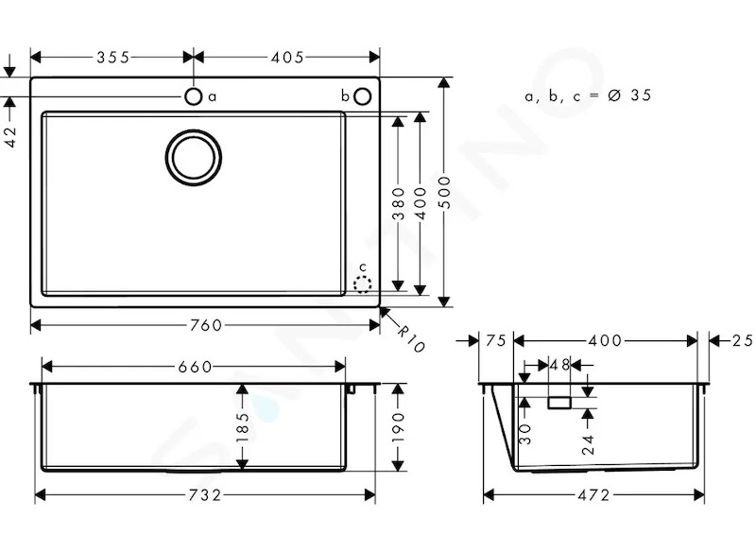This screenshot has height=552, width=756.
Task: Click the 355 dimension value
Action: tap(113, 58)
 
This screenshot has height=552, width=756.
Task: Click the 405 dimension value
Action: tap(287, 58)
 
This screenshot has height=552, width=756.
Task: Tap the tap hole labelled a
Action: tap(194, 96)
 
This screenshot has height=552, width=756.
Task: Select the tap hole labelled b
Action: tap(363, 96)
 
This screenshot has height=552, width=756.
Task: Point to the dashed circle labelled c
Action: tap(363, 284)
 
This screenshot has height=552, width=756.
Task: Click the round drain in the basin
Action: tap(194, 157)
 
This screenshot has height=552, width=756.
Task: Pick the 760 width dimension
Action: tap(206, 325)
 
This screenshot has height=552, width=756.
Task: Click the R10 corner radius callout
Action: tap(411, 338)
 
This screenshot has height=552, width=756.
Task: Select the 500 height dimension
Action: tap(445, 193)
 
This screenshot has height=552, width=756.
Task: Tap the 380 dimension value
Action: tap(398, 204)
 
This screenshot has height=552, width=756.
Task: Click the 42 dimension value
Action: tap(10, 136)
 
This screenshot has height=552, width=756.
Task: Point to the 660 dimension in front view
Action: tap(195, 367)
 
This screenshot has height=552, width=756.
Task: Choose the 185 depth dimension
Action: tap(243, 427)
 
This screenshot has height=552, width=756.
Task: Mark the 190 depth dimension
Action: tap(398, 427)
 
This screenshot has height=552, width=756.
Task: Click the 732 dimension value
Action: tap(205, 495)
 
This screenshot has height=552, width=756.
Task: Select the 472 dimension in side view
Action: tap(593, 495)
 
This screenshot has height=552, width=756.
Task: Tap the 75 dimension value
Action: tap(495, 341)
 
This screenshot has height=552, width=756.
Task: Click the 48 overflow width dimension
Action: tap(559, 365)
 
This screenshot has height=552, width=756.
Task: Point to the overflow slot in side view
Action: tap(559, 403)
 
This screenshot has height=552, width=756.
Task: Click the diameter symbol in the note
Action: tap(613, 95)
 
